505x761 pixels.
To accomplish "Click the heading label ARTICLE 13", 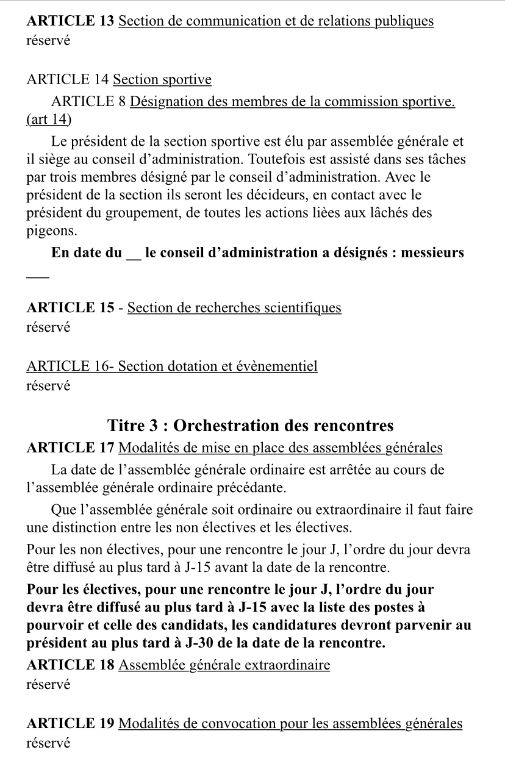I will coord(70,21).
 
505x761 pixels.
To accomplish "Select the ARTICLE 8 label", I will coord(89,101).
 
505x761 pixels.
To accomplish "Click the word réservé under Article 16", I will coord(49,385).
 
